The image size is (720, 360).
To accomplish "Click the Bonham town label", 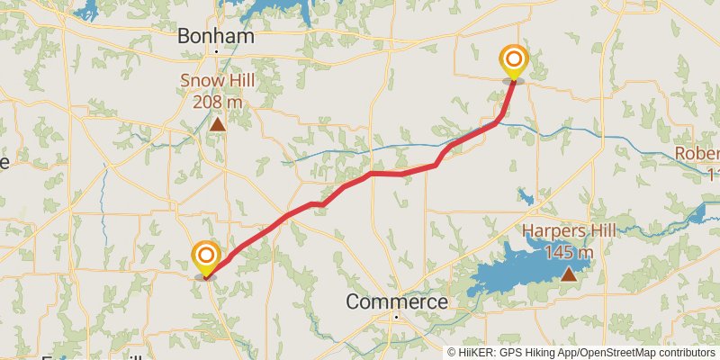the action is (x=216, y=36).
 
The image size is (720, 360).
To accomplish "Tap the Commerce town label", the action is (x=397, y=301).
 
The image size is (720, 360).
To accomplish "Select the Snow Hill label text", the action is (x=217, y=81).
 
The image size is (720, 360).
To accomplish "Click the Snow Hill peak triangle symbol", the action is (x=217, y=124).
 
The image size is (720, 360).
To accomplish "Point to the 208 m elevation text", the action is (x=217, y=101).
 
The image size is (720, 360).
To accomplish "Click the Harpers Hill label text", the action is (x=569, y=231).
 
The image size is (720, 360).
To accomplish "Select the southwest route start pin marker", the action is (x=206, y=257).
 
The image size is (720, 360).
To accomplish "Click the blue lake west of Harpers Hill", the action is (x=504, y=274).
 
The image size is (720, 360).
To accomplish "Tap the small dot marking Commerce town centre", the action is (x=395, y=317).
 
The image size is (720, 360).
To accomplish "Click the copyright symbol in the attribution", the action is (x=452, y=353).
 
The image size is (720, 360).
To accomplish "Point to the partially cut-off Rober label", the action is (x=699, y=153).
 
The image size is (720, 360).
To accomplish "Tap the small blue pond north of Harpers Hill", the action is (x=526, y=198).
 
